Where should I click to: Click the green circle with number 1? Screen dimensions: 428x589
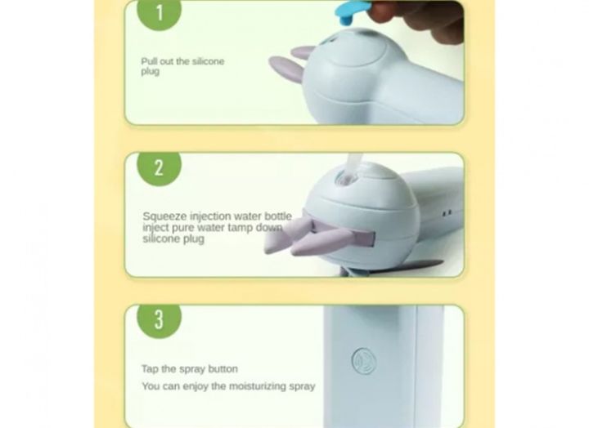click(x=158, y=12)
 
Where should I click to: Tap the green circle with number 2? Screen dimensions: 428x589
click(x=159, y=168)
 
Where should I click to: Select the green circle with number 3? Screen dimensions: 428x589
click(x=159, y=320)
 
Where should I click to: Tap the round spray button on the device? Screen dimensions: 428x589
click(x=363, y=361)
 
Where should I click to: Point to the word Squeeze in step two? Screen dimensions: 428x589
click(x=163, y=216)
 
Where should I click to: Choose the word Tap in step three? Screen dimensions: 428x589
click(x=150, y=369)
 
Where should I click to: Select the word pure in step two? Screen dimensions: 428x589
click(x=182, y=228)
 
